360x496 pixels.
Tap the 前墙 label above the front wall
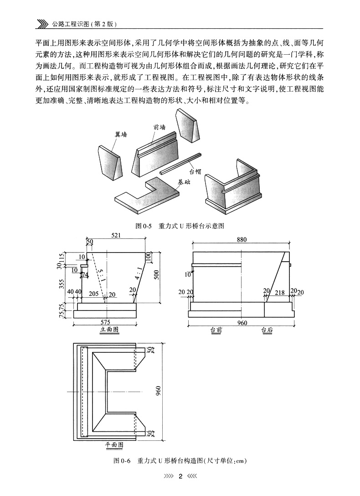pos(159,127)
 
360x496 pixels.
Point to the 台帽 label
pos(195,172)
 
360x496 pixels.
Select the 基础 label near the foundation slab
pos(184,182)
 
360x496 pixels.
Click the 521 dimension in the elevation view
pos(116,235)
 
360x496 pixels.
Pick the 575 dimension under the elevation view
pos(105,322)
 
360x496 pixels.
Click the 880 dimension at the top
pos(242,239)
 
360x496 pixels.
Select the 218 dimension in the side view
pos(280,293)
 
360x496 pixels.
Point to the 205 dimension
pos(93,294)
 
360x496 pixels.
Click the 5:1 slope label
pos(100,276)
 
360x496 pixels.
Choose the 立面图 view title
pos(109,330)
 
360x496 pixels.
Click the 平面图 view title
pos(114,445)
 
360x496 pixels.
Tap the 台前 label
pos(216,330)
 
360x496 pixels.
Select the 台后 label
pos(267,330)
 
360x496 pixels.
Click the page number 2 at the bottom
pos(180,476)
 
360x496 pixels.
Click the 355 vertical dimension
pos(62,284)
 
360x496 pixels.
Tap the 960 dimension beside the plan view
pos(158,391)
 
